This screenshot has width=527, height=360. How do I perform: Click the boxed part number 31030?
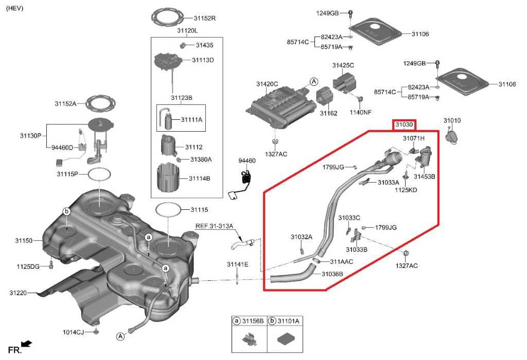coord(405,125)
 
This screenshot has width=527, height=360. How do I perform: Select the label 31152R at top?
coord(204,18)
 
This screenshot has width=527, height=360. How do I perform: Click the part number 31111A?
coord(191,119)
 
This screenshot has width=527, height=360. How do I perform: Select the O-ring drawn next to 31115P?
coord(99,174)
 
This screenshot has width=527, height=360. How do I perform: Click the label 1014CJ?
coord(73,332)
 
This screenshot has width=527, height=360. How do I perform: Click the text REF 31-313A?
coord(214,226)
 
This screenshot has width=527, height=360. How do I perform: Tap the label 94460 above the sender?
coord(247,161)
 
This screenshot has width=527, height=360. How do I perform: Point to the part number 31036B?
coord(332,274)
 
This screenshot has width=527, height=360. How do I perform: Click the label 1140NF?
coord(360,112)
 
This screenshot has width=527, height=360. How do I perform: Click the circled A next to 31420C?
coord(314,81)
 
